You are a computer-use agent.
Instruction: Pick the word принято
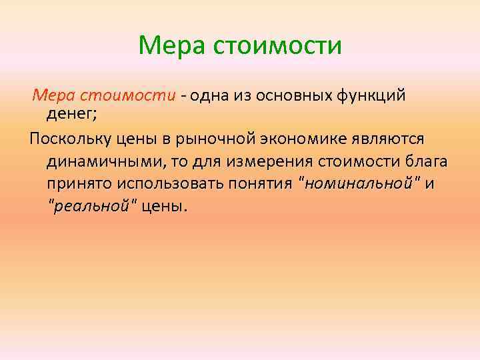(x=78, y=183)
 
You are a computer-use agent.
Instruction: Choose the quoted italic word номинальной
(x=357, y=183)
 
